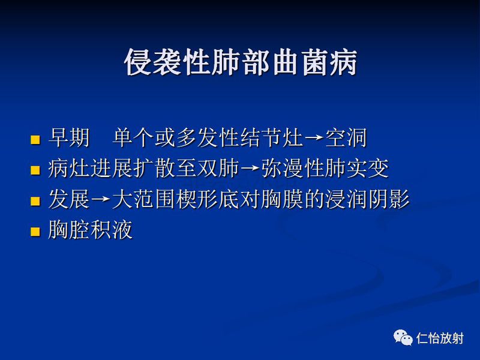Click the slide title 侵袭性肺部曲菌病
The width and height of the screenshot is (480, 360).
coord(240,63)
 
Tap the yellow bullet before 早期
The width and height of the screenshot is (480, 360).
coord(35,140)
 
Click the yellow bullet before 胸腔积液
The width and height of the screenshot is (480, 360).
coord(35,231)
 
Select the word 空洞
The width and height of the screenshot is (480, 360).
coord(346,139)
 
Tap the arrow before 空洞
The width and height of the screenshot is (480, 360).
coord(314,140)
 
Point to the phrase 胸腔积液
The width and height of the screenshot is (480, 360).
coord(90,230)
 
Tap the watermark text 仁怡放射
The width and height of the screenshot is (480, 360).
coord(440,338)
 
